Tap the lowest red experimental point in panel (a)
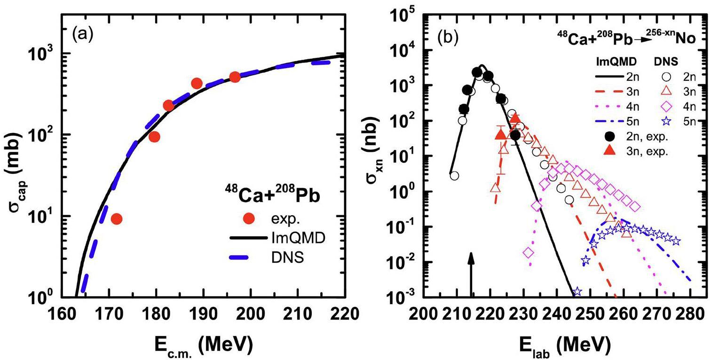[x=117, y=219]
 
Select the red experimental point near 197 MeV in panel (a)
[x=235, y=77]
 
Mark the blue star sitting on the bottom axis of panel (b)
[x=577, y=292]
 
